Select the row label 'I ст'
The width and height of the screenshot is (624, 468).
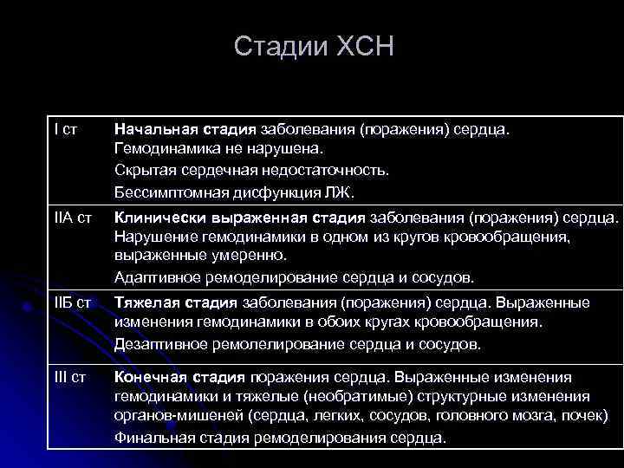(65, 129)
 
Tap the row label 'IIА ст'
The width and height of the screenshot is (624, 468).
(71, 215)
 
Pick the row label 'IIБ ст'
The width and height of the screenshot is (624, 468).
(72, 302)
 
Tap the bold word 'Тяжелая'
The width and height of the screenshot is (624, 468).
(142, 302)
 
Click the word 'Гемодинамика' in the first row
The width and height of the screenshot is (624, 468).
(162, 150)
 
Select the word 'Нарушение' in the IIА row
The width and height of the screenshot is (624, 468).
(150, 236)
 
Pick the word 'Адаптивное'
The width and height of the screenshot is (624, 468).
(153, 277)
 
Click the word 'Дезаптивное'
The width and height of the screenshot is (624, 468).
(157, 344)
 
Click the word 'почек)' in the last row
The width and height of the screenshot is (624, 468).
(586, 417)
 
